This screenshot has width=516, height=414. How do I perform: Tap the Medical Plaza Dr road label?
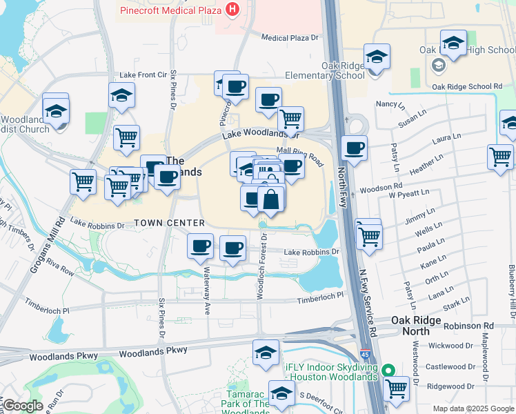coord(292,38)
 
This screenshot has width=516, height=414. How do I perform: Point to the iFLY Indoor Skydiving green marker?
coord(388,370)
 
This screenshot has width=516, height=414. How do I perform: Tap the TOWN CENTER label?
coord(169,223)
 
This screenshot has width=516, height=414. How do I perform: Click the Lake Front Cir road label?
coord(143,75)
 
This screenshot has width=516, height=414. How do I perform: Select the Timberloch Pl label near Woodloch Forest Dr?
coord(320,295)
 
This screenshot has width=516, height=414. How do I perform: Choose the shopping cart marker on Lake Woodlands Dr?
coord(290,119)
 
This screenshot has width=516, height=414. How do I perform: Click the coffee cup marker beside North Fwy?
coord(354,148)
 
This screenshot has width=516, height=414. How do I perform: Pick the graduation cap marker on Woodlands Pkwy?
coord(266,353)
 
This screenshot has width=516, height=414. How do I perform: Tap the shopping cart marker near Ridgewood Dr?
coord(395,388)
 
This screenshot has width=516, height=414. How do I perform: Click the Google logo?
coord(23,406)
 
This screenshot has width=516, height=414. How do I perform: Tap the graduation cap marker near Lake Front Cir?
coord(121,96)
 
